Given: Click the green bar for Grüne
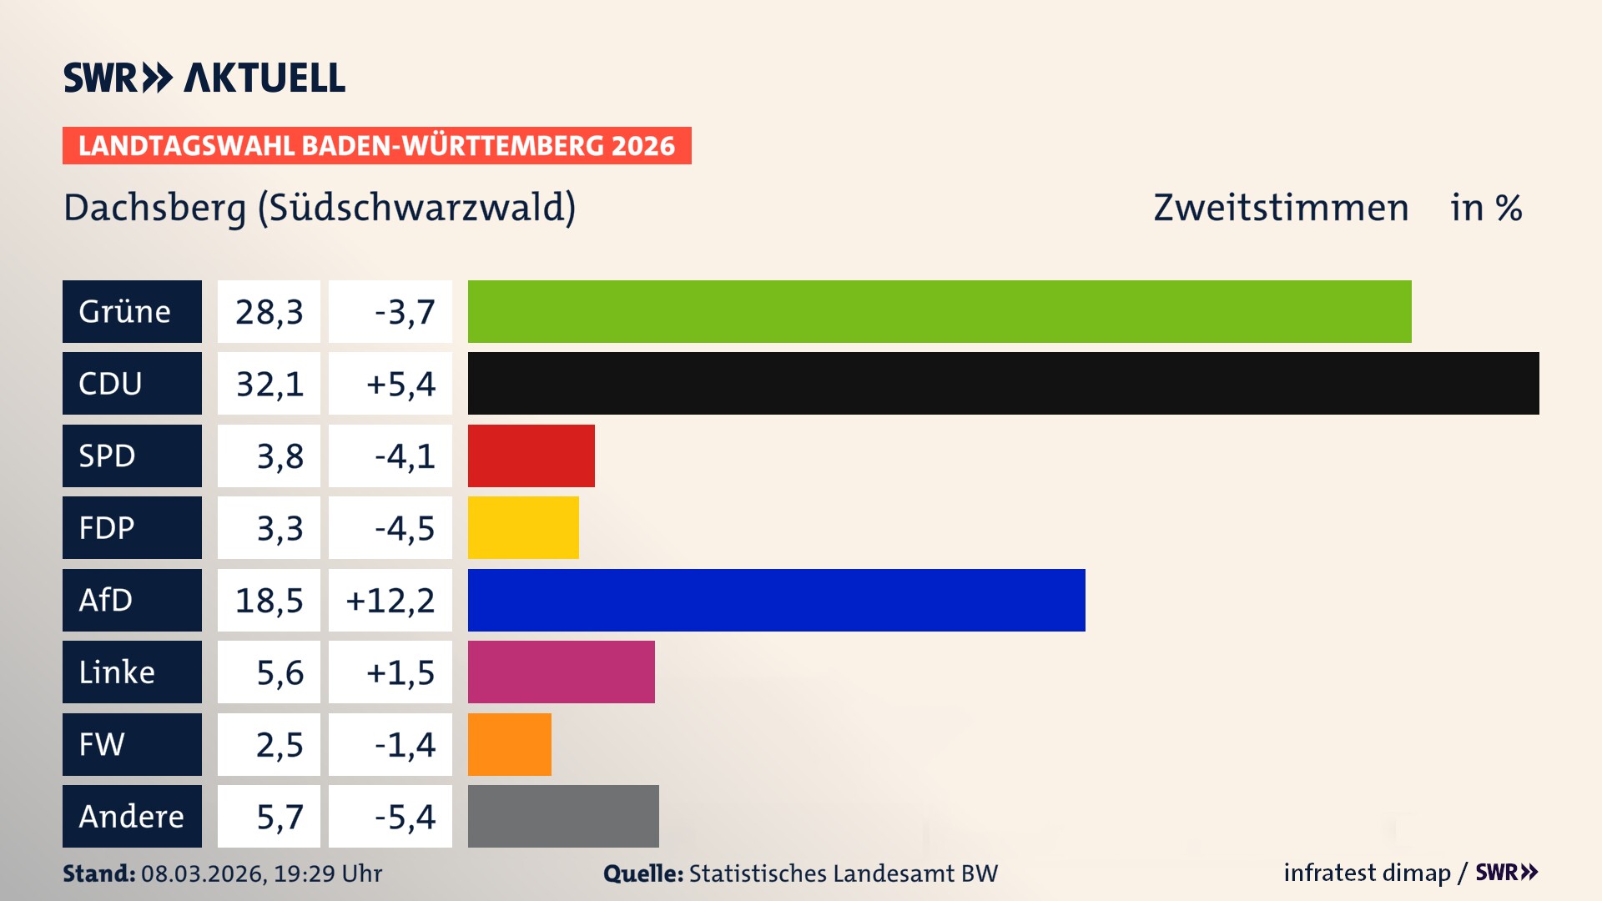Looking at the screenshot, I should click(x=940, y=311).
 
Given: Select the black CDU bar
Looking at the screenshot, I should click(x=1003, y=383).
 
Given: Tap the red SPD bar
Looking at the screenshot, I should click(x=531, y=456).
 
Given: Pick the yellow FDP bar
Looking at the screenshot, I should click(x=523, y=527).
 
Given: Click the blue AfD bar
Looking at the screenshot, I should click(x=776, y=600).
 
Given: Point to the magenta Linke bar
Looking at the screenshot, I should click(x=561, y=672).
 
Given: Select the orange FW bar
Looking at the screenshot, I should click(x=509, y=744).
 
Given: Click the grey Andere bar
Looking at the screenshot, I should click(x=563, y=816).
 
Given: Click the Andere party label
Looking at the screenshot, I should click(x=132, y=816).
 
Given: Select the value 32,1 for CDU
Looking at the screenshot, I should click(x=269, y=384).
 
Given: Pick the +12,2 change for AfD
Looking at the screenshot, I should click(x=390, y=601).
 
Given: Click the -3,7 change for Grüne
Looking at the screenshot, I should click(x=404, y=312).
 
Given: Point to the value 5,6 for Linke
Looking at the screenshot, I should click(x=280, y=672).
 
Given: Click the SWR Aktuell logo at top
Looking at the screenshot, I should click(x=204, y=78).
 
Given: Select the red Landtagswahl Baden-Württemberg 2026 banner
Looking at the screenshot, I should click(x=376, y=145).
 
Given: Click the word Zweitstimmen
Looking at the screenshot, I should click(x=1281, y=208).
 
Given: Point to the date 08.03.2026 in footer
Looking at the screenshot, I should click(x=203, y=873).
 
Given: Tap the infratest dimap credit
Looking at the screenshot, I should click(x=1367, y=873).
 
